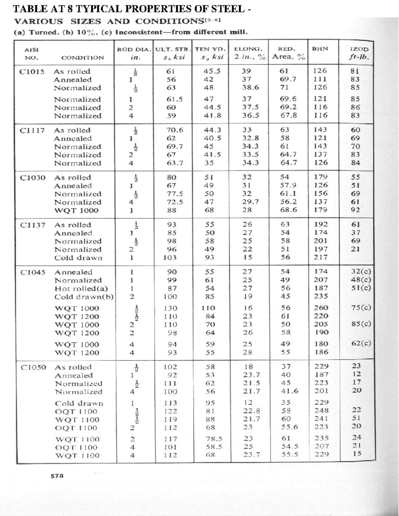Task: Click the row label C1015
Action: [x=32, y=71]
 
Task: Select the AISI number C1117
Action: [x=32, y=130]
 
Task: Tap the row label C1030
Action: [x=33, y=177]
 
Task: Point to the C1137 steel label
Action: [x=33, y=225]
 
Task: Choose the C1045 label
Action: [x=33, y=272]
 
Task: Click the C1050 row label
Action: [x=33, y=367]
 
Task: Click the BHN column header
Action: [x=320, y=49]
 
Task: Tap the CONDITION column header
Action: [x=82, y=57]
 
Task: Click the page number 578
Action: [x=57, y=475]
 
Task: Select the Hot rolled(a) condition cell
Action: [x=81, y=288]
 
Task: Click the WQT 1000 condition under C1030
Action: [x=76, y=210]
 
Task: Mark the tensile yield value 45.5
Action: [x=212, y=71]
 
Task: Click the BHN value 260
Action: [x=321, y=308]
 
